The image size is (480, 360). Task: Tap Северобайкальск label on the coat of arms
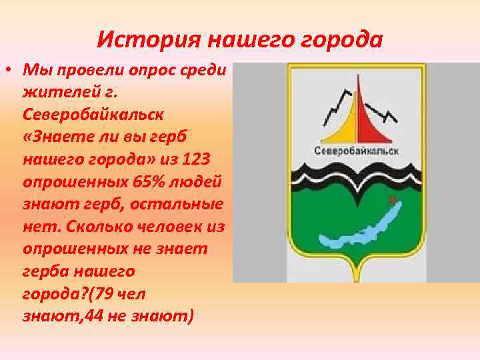click(356, 151)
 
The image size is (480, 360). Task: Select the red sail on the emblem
click(370, 113)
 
